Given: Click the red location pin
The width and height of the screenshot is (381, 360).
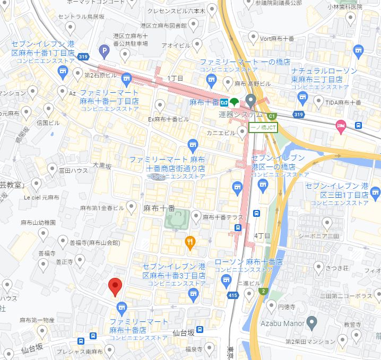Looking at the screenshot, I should (x=115, y=286).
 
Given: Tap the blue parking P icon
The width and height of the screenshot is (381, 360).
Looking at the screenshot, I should (x=104, y=51).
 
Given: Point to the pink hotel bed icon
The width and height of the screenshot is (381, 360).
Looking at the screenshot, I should (x=340, y=126).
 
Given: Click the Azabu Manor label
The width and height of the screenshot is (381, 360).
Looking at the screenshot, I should (x=282, y=323).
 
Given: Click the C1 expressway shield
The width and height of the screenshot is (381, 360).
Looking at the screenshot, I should (x=272, y=116).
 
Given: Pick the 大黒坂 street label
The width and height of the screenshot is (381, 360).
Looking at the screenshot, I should (x=102, y=166).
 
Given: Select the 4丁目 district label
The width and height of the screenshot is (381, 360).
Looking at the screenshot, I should (x=263, y=235).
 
